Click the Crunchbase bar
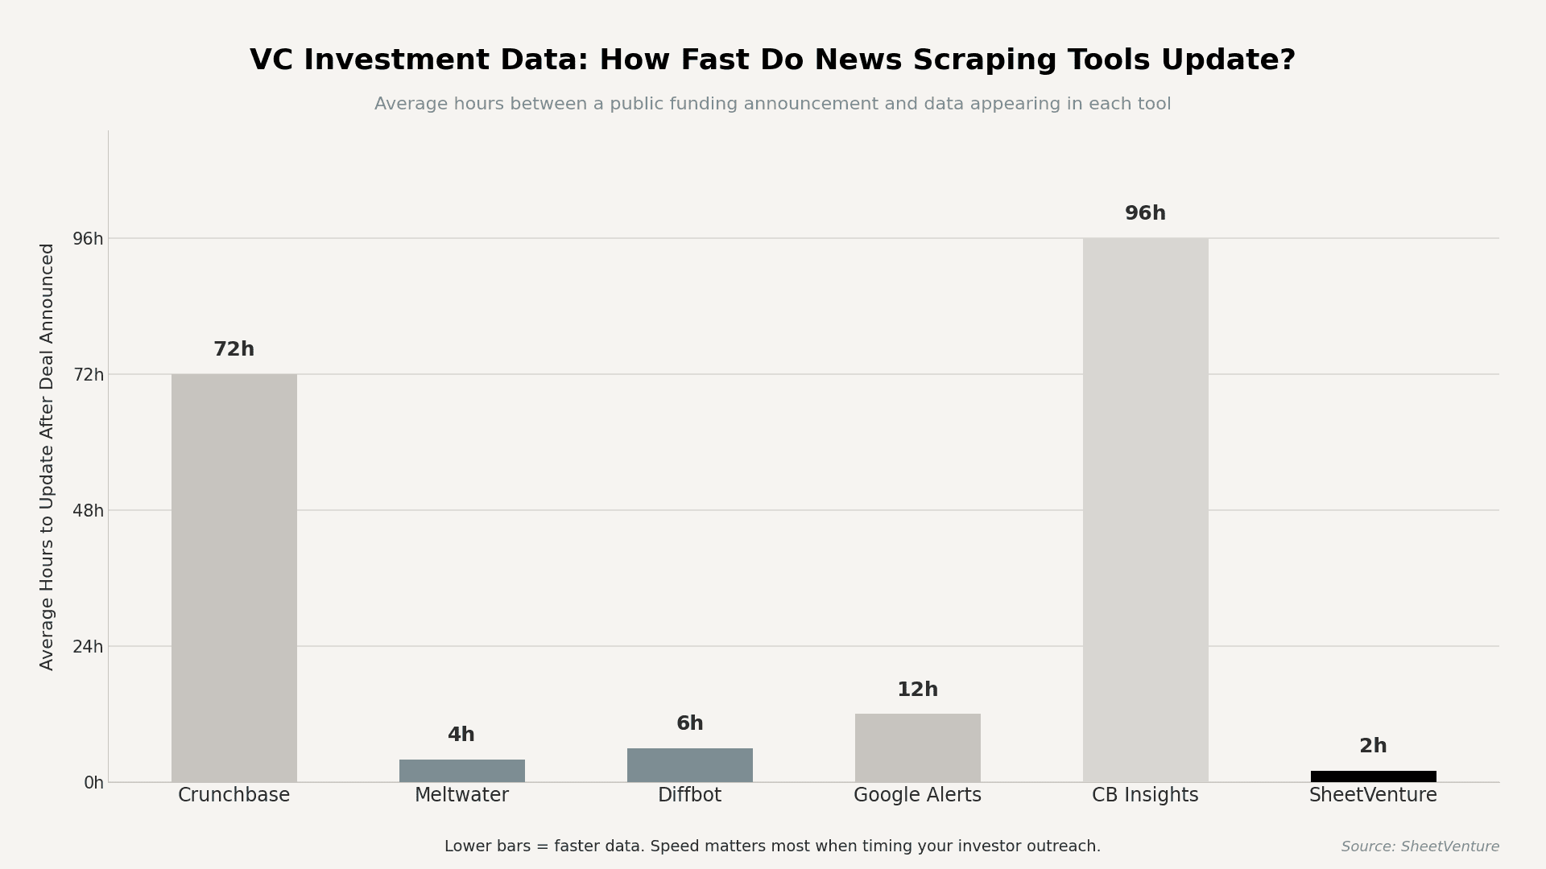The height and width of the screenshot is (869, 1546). pyautogui.click(x=234, y=578)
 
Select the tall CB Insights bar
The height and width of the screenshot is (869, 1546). pyautogui.click(x=1145, y=509)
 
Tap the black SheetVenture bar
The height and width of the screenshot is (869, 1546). pyautogui.click(x=1373, y=776)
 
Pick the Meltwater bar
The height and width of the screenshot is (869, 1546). pyautogui.click(x=461, y=771)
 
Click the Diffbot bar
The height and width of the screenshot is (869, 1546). pyautogui.click(x=689, y=765)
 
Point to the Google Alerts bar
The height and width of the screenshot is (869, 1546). pyautogui.click(x=917, y=748)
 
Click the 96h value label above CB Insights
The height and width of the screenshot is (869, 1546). pyautogui.click(x=1145, y=213)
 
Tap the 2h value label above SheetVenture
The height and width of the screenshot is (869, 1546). pyautogui.click(x=1373, y=746)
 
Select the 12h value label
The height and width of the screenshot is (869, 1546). pyautogui.click(x=917, y=690)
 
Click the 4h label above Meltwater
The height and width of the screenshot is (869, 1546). pyautogui.click(x=461, y=735)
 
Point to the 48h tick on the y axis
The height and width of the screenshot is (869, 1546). pyautogui.click(x=88, y=511)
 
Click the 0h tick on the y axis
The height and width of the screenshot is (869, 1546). pyautogui.click(x=93, y=783)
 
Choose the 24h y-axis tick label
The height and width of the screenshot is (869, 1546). pyautogui.click(x=88, y=647)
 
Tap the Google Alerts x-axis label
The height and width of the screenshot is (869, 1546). pyautogui.click(x=917, y=795)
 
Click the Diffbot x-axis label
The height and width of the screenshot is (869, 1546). pyautogui.click(x=689, y=795)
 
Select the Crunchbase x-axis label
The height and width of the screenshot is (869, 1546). pyautogui.click(x=234, y=795)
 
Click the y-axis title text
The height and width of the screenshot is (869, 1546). pyautogui.click(x=48, y=456)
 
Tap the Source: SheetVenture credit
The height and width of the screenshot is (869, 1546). pyautogui.click(x=1420, y=846)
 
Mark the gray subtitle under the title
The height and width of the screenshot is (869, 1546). pyautogui.click(x=772, y=104)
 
